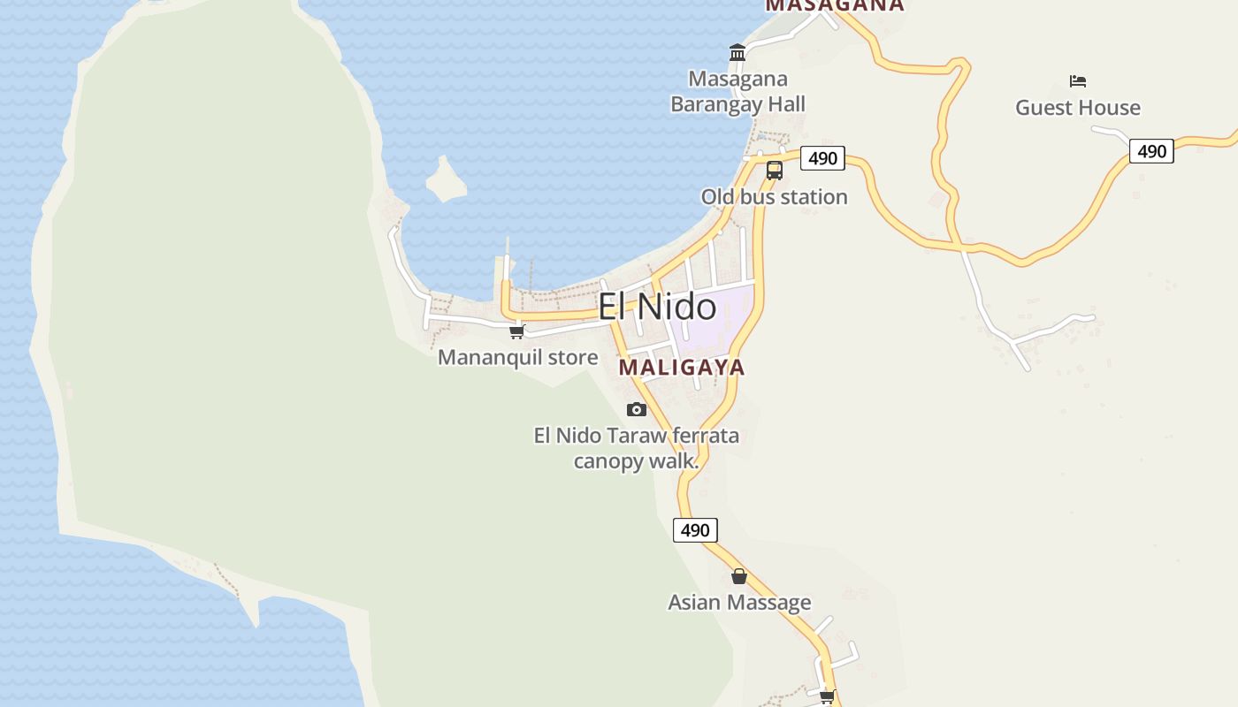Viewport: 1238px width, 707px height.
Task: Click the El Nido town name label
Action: pos(657,307)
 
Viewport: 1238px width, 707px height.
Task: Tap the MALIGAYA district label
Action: pos(682,367)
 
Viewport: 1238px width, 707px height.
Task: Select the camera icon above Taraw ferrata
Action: pos(636,409)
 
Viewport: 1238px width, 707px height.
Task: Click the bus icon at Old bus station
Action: pos(775,171)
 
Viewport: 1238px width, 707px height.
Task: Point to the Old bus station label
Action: pos(775,196)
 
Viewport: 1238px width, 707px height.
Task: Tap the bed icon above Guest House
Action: pos(1077,81)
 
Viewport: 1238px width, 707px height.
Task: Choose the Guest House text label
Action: pos(1077,108)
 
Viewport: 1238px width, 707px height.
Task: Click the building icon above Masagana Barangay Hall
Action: pos(737,53)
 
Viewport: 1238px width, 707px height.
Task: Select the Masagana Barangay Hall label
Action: pos(737,91)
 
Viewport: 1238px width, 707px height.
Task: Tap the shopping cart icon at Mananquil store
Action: pos(517,332)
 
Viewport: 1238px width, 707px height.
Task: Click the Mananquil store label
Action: pos(518,358)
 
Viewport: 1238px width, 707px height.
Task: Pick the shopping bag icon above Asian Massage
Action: pos(739,576)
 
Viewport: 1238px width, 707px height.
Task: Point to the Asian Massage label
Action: pos(739,603)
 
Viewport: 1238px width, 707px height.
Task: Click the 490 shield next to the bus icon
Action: pos(822,158)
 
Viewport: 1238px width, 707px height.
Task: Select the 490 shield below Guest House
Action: pos(1151,151)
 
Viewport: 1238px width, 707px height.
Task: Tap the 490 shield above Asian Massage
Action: pos(695,530)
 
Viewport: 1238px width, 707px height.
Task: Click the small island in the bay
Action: pos(446,180)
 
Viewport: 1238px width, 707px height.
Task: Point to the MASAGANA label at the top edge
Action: pos(835,5)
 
